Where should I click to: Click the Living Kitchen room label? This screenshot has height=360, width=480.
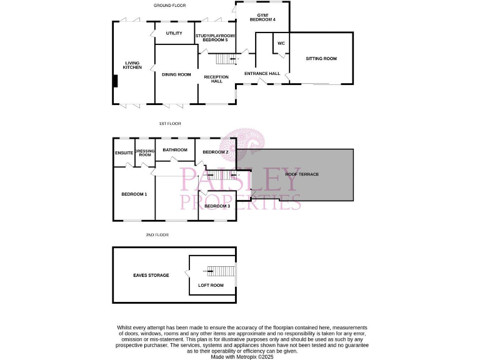[x=132, y=65]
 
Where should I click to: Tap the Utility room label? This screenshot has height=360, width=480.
[x=174, y=33]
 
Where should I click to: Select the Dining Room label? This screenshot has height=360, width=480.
[x=176, y=75]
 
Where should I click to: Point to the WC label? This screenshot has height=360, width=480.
[x=281, y=43]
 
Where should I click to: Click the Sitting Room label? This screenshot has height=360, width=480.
[x=321, y=59]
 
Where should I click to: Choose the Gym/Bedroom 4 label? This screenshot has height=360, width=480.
[x=262, y=17]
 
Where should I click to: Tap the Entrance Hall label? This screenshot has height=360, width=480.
[x=262, y=74]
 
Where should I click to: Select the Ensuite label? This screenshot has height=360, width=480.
[x=124, y=152]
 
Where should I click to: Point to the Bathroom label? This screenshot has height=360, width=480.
[x=175, y=150]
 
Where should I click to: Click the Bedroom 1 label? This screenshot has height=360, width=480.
[x=134, y=194]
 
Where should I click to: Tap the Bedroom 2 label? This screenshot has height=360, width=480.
[x=215, y=152]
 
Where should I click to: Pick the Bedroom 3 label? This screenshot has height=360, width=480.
[x=217, y=206]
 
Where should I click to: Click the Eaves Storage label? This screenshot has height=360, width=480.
[x=151, y=275]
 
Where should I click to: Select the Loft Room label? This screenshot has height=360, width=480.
[x=211, y=286]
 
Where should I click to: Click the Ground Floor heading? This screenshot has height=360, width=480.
[x=170, y=6]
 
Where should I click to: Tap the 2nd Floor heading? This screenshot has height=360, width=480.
[x=157, y=235]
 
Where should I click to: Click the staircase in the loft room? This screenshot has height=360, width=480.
[x=219, y=271]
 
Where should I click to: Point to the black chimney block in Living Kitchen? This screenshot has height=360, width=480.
[x=115, y=82]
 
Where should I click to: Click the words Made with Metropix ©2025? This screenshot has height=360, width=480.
[x=242, y=357]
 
